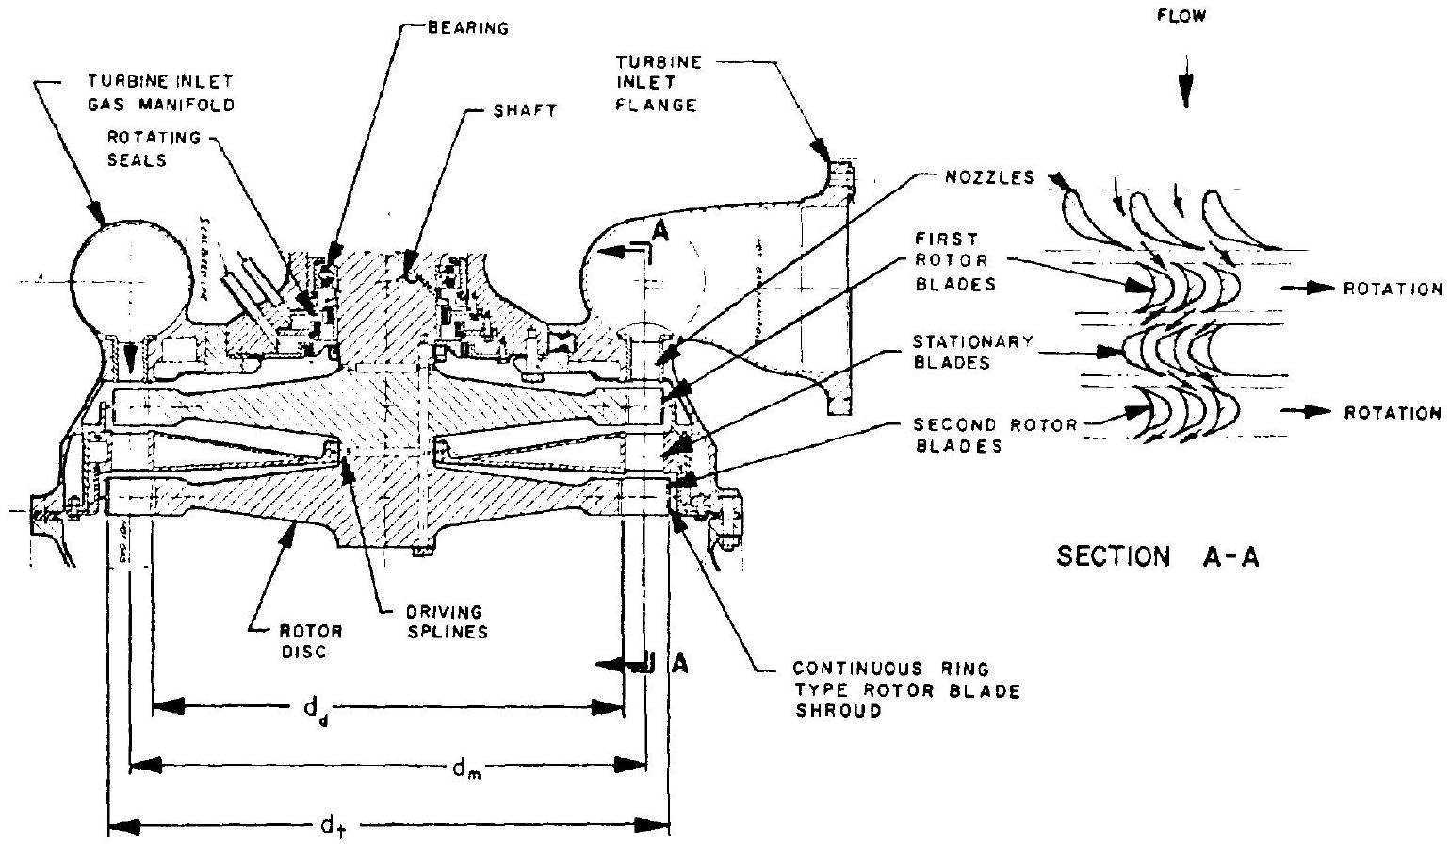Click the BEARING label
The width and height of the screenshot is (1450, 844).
[x=467, y=28]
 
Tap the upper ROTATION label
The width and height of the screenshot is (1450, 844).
[x=1394, y=289]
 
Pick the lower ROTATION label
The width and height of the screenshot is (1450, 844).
[x=1394, y=412]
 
